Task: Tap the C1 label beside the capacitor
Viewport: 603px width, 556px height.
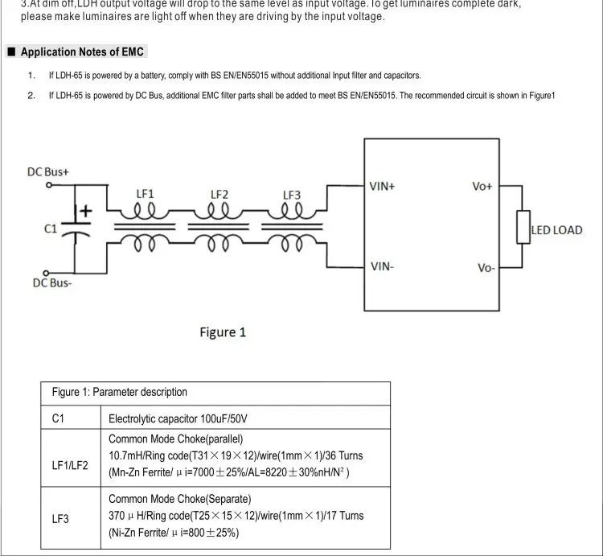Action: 50,229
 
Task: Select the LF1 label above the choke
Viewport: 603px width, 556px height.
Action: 145,194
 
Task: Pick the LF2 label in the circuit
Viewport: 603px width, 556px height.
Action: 219,194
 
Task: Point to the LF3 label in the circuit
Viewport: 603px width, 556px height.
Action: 292,194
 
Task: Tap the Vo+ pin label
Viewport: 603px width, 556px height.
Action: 482,186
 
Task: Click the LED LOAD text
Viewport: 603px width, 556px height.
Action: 556,230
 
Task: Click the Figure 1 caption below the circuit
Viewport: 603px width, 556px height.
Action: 223,332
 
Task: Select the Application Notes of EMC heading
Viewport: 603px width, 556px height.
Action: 82,52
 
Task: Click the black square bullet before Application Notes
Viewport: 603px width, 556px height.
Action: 11,52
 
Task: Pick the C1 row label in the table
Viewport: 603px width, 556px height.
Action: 58,418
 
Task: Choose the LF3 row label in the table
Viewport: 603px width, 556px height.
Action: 60,519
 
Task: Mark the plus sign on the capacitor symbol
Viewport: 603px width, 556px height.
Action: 86,210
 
